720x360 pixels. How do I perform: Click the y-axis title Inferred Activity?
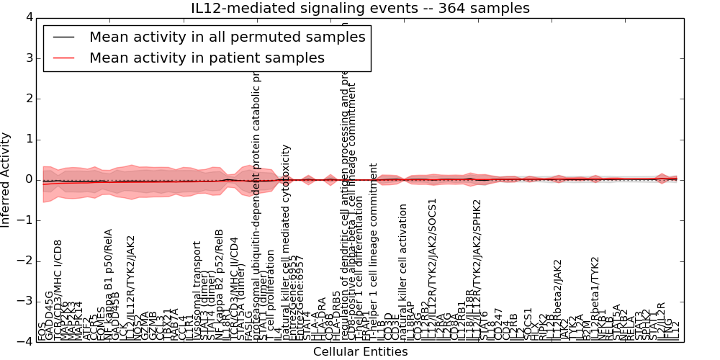(x=6, y=179)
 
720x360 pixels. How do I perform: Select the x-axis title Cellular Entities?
(x=360, y=352)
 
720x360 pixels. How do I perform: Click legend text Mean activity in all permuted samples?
(x=227, y=37)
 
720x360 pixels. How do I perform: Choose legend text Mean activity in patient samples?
(x=207, y=58)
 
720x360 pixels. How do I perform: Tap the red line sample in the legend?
(x=63, y=58)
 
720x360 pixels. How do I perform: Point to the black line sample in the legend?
(x=63, y=37)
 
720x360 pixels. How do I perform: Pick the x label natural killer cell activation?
(x=403, y=272)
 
